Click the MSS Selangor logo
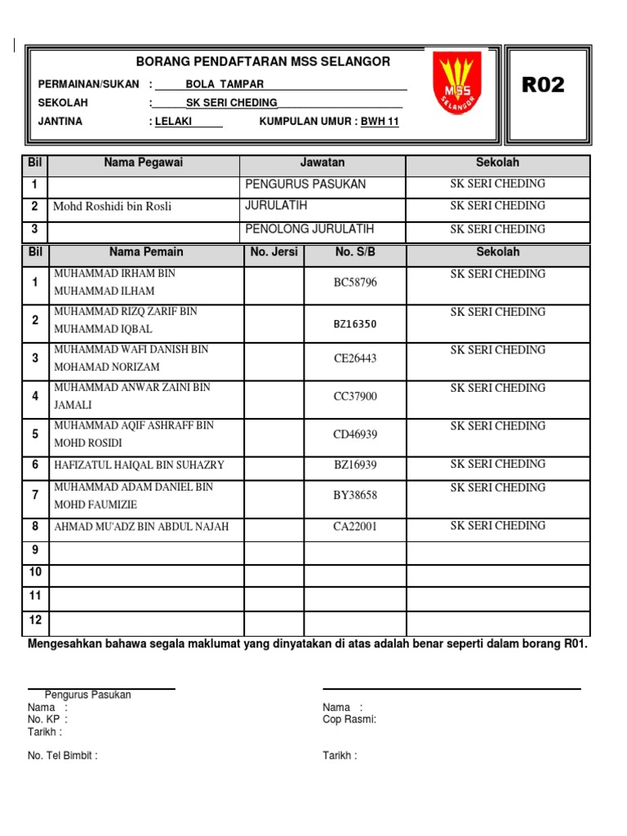coord(457,82)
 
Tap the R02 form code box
coord(543,85)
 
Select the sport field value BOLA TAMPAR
coord(225,84)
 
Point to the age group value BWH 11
coord(380,122)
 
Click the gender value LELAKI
coord(177,122)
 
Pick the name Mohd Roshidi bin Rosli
coord(112,207)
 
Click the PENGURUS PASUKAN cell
coord(305,185)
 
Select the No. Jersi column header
coord(274,252)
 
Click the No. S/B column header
coord(355,252)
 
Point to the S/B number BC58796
coord(355,282)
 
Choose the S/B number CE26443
coord(355,358)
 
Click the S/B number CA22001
coord(355,527)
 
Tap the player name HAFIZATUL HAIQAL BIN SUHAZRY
coord(139,465)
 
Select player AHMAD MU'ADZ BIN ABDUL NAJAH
coord(141,527)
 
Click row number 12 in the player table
coord(35,620)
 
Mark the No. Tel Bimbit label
coord(63,756)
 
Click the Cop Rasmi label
coord(349,719)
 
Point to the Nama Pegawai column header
coord(144,162)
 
